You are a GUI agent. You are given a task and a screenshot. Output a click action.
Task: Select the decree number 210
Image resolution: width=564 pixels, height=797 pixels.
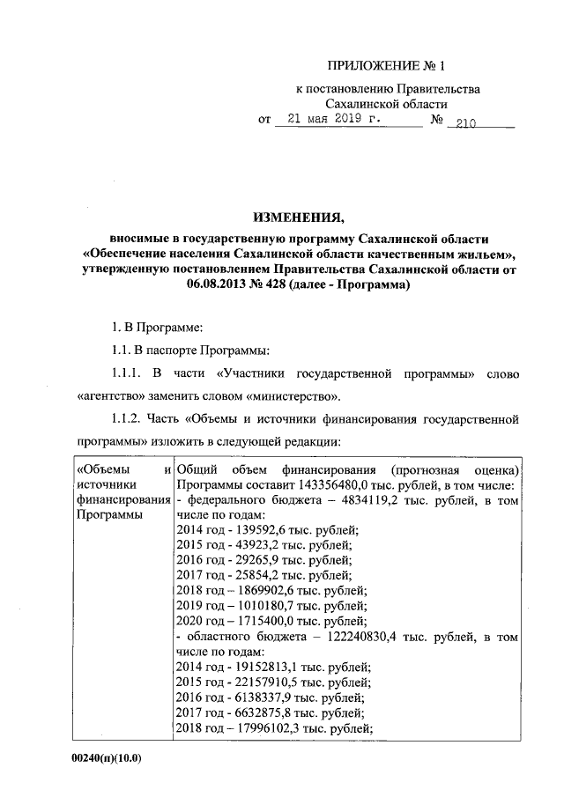pos(461,124)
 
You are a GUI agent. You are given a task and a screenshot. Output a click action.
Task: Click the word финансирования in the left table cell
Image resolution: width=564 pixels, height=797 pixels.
pos(122,499)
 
